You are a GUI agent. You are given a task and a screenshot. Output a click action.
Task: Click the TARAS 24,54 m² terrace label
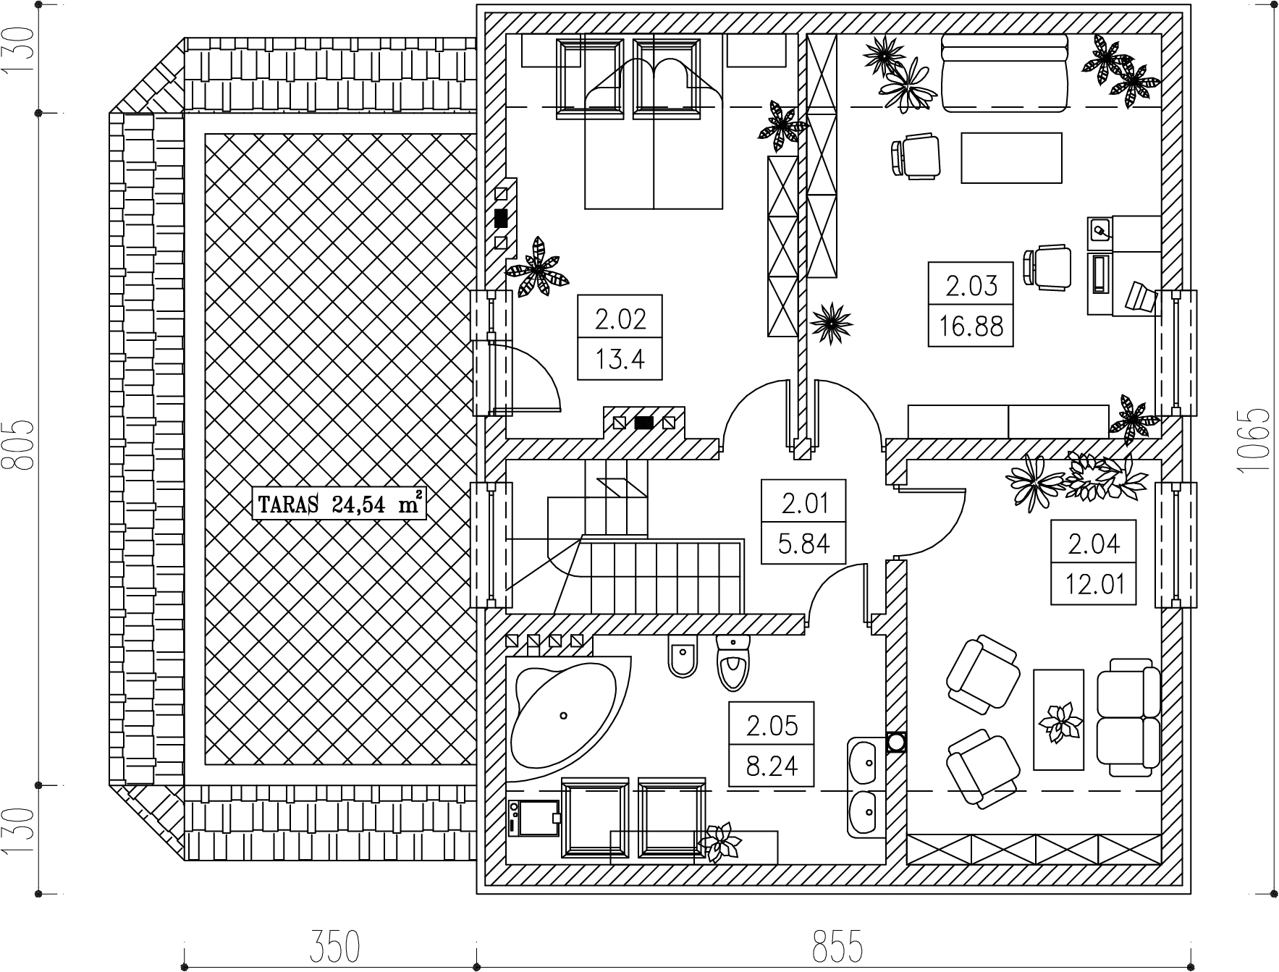click(337, 504)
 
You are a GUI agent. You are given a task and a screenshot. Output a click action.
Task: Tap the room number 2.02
click(620, 318)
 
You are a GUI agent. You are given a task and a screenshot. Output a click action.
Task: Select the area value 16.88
click(971, 326)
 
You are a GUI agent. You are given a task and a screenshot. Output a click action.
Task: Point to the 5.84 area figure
click(803, 543)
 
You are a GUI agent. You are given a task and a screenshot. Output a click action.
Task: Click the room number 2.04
click(1094, 543)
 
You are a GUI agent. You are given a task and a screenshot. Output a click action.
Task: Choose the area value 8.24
click(772, 765)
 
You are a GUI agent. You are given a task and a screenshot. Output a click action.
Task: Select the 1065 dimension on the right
click(1253, 441)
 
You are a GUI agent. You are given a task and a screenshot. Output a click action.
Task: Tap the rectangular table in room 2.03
click(1011, 157)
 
